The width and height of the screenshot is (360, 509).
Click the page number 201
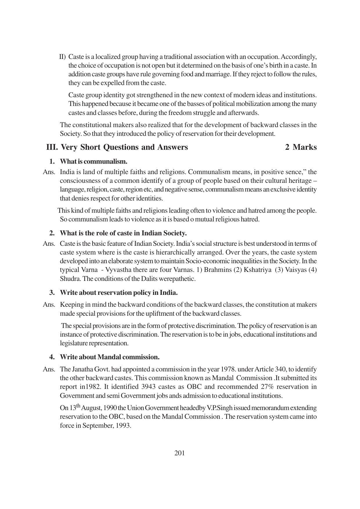(180, 453)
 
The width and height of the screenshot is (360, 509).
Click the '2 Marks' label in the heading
(301, 147)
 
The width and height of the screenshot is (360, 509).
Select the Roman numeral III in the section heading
(52, 147)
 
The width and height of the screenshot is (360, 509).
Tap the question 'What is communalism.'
(93, 161)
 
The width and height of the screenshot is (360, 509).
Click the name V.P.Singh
(220, 408)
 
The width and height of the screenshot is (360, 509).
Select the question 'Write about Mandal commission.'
(110, 357)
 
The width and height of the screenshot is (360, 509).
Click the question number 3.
(52, 293)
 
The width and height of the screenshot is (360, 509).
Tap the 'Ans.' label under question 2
(49, 244)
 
